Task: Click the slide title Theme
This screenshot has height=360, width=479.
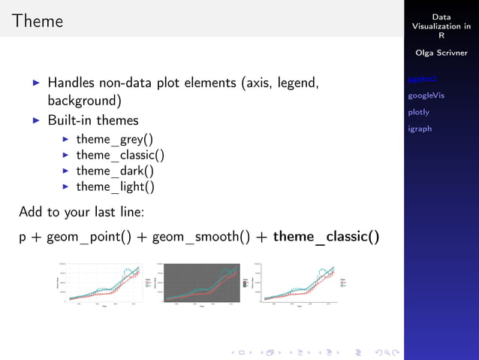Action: (x=38, y=21)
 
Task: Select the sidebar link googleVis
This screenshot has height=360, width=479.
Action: (x=426, y=95)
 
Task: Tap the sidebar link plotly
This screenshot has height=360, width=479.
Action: (x=418, y=112)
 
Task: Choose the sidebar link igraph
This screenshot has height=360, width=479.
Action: (x=420, y=129)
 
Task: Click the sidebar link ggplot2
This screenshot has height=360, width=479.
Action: (x=422, y=79)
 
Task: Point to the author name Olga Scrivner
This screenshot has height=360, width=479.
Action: (x=441, y=53)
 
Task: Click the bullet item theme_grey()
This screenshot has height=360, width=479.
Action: (x=114, y=139)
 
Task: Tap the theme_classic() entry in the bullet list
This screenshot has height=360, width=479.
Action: (x=119, y=155)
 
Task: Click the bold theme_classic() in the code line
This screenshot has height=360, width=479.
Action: (x=326, y=237)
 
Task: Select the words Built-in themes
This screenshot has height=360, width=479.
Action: (x=93, y=120)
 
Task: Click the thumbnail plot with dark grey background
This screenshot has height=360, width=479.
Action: (x=201, y=284)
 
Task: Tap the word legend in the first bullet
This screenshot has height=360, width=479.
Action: (x=298, y=83)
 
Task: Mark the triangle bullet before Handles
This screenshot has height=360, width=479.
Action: (x=36, y=83)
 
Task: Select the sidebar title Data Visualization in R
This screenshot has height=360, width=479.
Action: (x=441, y=26)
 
